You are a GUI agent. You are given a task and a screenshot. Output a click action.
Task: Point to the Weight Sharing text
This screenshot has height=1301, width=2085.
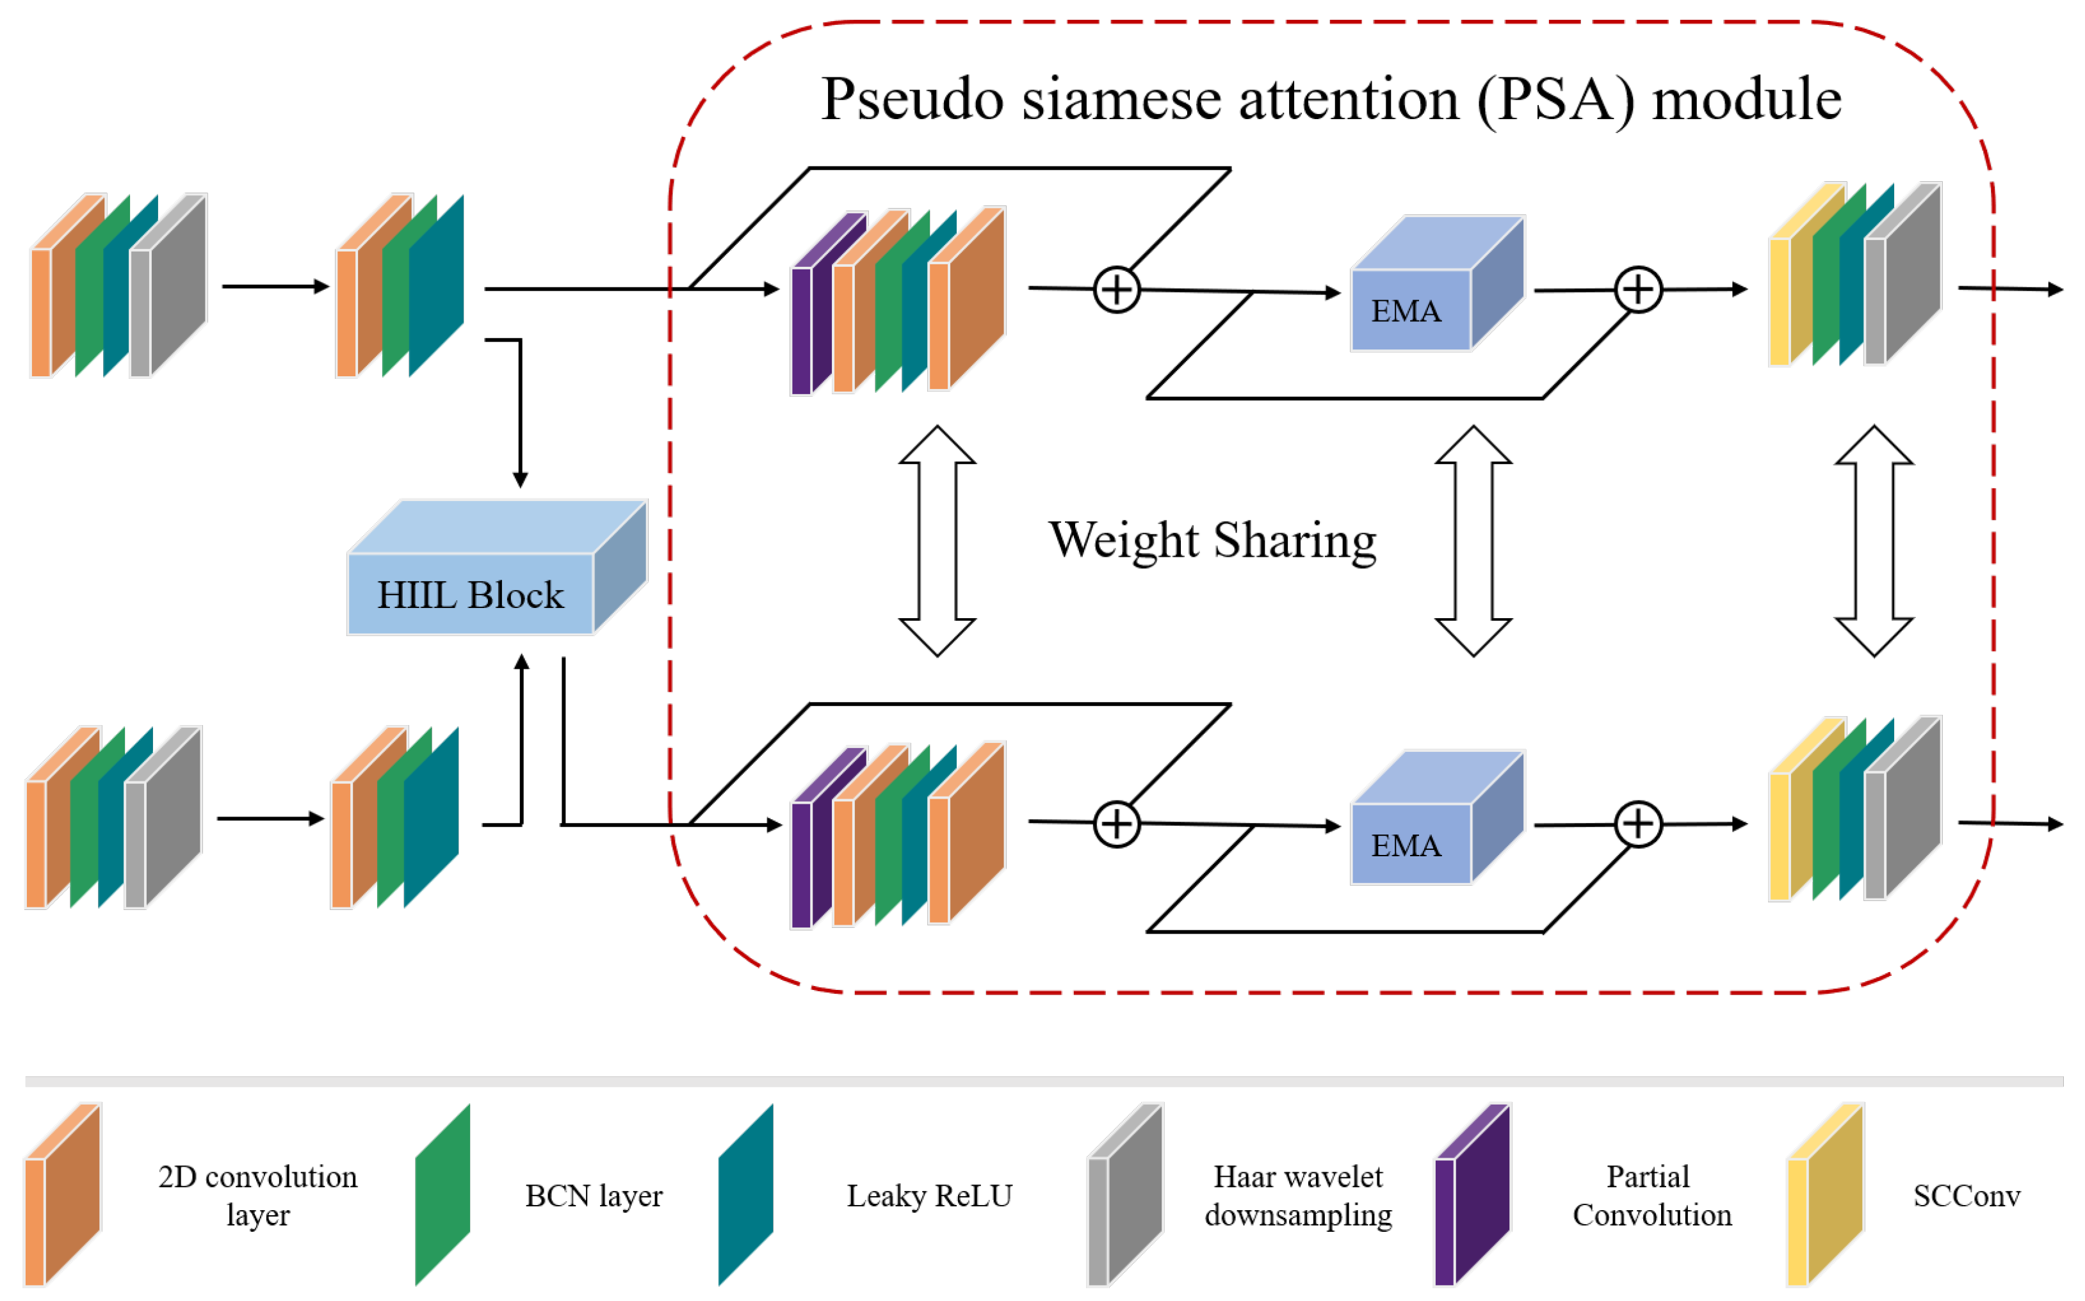(1212, 540)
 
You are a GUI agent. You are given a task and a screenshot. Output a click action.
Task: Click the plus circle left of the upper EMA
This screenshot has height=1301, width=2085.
(1117, 289)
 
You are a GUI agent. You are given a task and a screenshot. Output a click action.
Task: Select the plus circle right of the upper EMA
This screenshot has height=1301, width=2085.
(1637, 289)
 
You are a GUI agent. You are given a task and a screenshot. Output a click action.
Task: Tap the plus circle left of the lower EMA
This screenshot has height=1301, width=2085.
(1117, 824)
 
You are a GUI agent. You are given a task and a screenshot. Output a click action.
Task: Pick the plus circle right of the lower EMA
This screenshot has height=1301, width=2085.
(1637, 824)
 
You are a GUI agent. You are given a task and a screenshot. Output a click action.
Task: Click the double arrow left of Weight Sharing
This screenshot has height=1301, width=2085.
(937, 540)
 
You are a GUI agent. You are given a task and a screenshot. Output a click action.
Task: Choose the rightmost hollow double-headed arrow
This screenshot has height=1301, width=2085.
(1874, 540)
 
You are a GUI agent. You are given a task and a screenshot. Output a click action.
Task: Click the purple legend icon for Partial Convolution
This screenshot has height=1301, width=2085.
(1472, 1196)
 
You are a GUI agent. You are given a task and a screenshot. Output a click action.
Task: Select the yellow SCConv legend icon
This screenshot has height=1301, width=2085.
(1825, 1196)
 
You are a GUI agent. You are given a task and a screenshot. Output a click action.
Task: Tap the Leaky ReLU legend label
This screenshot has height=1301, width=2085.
(929, 1196)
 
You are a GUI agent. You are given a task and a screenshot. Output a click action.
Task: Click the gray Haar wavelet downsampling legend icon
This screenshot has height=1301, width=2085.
(1125, 1196)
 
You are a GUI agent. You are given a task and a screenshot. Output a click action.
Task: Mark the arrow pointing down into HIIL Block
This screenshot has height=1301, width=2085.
(520, 413)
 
